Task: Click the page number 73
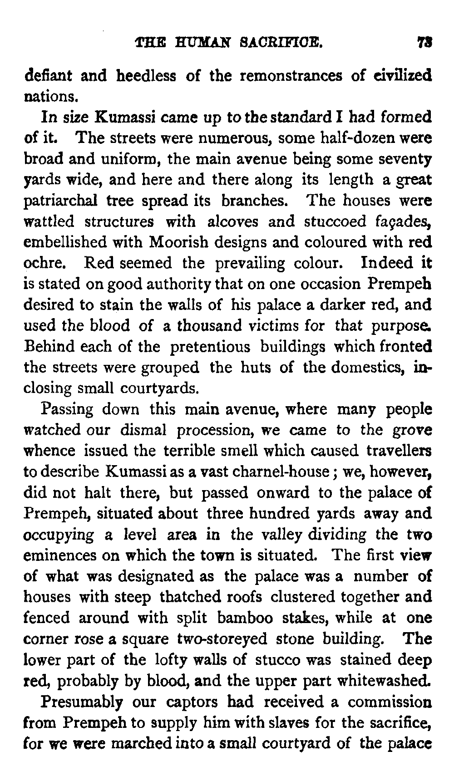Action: (x=425, y=44)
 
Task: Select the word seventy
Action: (x=406, y=159)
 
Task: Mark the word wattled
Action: (x=49, y=222)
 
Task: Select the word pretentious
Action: (x=210, y=347)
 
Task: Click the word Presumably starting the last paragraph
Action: (x=82, y=702)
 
